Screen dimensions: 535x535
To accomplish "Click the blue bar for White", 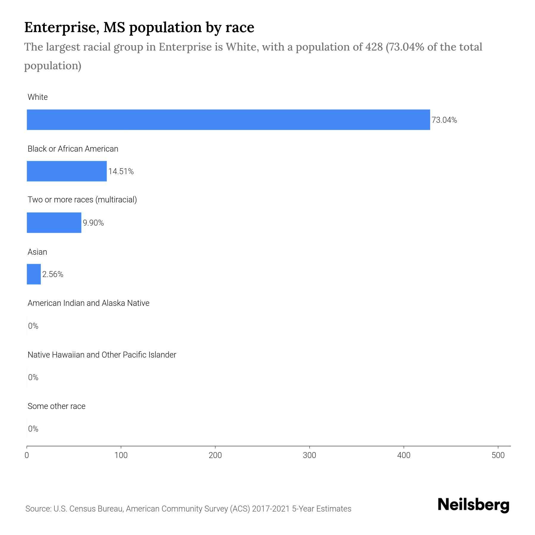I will (228, 120).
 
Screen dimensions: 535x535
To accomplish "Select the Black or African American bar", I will (67, 171).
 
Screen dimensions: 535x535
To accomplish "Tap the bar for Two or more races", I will (54, 223).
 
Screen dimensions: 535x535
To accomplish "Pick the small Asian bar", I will (34, 274).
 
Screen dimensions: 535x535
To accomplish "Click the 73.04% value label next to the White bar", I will (444, 120).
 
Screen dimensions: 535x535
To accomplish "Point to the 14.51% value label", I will (121, 171).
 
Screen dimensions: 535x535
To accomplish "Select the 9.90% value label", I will (93, 223).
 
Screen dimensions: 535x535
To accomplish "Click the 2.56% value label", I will (53, 274).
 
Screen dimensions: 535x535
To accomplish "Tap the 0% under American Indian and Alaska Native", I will (33, 326).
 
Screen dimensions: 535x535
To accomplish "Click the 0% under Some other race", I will (33, 429).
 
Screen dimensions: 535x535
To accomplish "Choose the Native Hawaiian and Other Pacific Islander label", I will (102, 355).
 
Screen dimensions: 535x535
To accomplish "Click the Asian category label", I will (37, 252).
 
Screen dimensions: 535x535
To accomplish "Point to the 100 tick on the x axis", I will (121, 455).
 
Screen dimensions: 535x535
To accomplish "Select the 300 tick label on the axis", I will (309, 455).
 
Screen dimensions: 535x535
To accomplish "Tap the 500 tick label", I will (498, 455).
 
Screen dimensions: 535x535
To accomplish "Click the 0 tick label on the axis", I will (27, 455).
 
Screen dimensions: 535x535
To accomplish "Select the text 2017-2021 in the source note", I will (271, 509).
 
